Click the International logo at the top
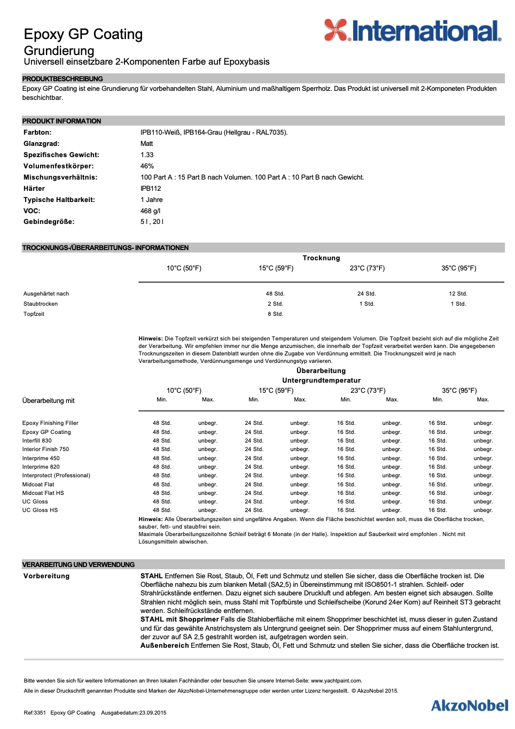click(412, 31)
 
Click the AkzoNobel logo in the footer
click(470, 705)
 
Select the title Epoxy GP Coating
click(83, 34)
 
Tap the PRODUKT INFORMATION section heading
click(61, 121)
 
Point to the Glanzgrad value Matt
click(146, 144)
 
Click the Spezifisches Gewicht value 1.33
click(147, 155)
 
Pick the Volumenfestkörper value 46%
click(147, 166)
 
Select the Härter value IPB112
click(151, 189)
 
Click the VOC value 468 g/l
click(150, 211)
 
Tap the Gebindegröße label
click(49, 222)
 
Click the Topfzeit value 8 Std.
click(275, 314)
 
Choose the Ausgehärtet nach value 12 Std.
click(458, 294)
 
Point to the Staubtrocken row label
click(41, 304)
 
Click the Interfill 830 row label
click(37, 441)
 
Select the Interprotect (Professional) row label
click(56, 476)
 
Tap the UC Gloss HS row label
click(40, 510)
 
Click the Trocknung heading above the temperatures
click(321, 258)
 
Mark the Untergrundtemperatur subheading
click(321, 381)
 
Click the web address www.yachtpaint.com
click(336, 681)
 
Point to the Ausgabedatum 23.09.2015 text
click(134, 713)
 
